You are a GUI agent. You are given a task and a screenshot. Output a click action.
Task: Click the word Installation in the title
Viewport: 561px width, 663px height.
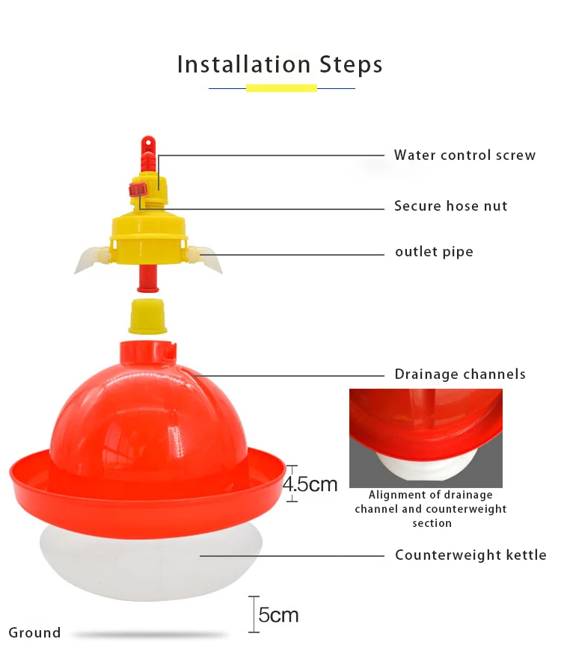tap(244, 65)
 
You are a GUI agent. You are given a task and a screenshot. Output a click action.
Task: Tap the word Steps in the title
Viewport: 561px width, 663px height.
tap(351, 66)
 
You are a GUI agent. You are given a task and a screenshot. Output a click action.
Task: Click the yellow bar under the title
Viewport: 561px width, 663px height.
tap(281, 88)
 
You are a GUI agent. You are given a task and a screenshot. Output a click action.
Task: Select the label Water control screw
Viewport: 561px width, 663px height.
tap(465, 155)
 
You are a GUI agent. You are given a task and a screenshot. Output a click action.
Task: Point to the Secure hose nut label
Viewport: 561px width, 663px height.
tap(450, 206)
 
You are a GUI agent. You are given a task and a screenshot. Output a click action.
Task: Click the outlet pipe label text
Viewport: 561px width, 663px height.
tap(434, 252)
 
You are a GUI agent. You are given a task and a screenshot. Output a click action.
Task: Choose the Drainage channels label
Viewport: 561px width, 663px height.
tap(460, 374)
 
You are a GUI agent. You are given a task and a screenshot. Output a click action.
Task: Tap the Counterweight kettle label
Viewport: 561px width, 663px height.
tap(470, 555)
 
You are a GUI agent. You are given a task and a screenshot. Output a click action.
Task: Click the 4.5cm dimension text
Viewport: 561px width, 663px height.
tap(310, 484)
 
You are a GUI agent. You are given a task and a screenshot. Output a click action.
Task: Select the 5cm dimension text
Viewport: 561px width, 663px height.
tap(278, 615)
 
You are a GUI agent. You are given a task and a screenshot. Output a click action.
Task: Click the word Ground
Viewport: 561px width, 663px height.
tap(34, 632)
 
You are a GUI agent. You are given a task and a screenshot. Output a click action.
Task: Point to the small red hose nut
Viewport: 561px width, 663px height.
tap(138, 190)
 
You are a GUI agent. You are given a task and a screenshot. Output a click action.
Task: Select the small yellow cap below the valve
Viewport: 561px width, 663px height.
tap(147, 317)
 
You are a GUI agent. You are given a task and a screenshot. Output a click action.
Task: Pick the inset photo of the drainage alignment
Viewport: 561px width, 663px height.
tap(426, 438)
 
